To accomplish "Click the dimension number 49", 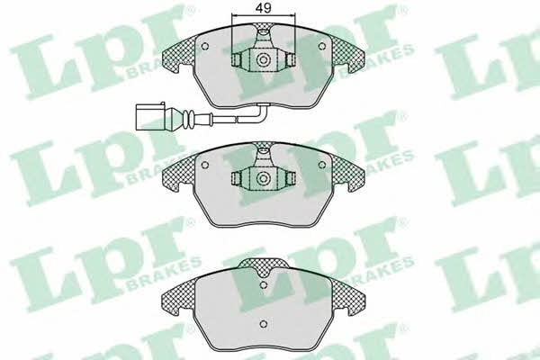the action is click(x=264, y=8).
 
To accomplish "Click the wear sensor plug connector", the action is click(x=152, y=116).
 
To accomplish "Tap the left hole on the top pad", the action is click(x=204, y=46).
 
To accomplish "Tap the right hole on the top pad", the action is click(x=322, y=46).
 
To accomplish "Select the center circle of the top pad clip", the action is click(x=264, y=60).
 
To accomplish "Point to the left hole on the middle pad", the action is click(x=204, y=165).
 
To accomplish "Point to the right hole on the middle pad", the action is click(x=322, y=165).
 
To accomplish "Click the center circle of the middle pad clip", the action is click(x=264, y=178).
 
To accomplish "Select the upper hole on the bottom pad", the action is click(x=264, y=285).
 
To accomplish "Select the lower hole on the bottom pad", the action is click(x=264, y=324).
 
